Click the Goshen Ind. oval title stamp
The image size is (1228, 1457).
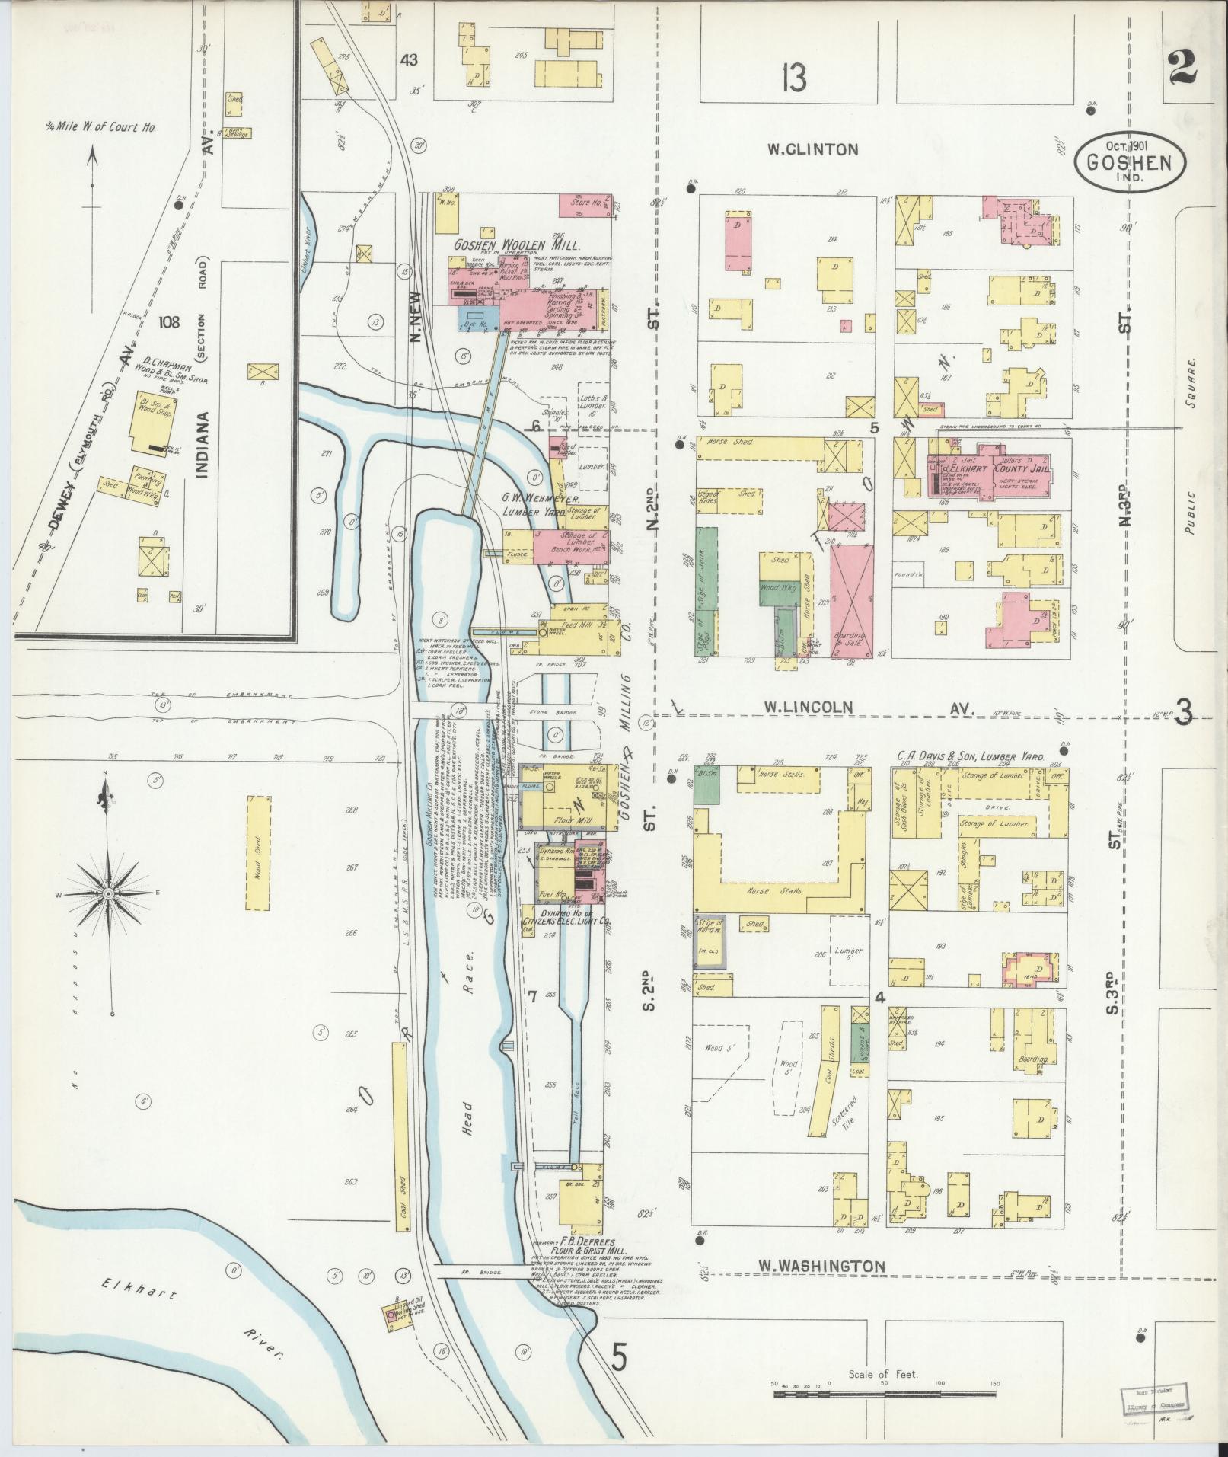1131,161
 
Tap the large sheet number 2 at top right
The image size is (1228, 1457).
1181,69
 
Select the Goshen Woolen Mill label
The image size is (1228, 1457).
517,246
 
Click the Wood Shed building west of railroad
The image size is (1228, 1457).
258,852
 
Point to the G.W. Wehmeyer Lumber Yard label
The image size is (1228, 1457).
543,506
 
